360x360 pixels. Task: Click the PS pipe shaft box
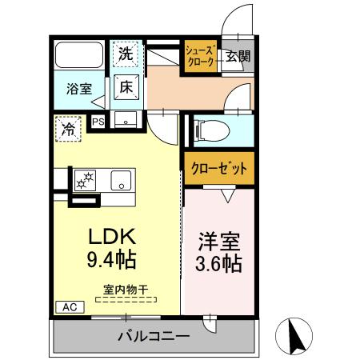pyautogui.click(x=99, y=122)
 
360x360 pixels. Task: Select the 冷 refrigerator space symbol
pyautogui.click(x=69, y=127)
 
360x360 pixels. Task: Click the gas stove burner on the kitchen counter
pyautogui.click(x=84, y=180)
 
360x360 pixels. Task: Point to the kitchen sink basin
pyautogui.click(x=121, y=179)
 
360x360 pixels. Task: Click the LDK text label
pyautogui.click(x=114, y=238)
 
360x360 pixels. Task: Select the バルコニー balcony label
pyautogui.click(x=155, y=336)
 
